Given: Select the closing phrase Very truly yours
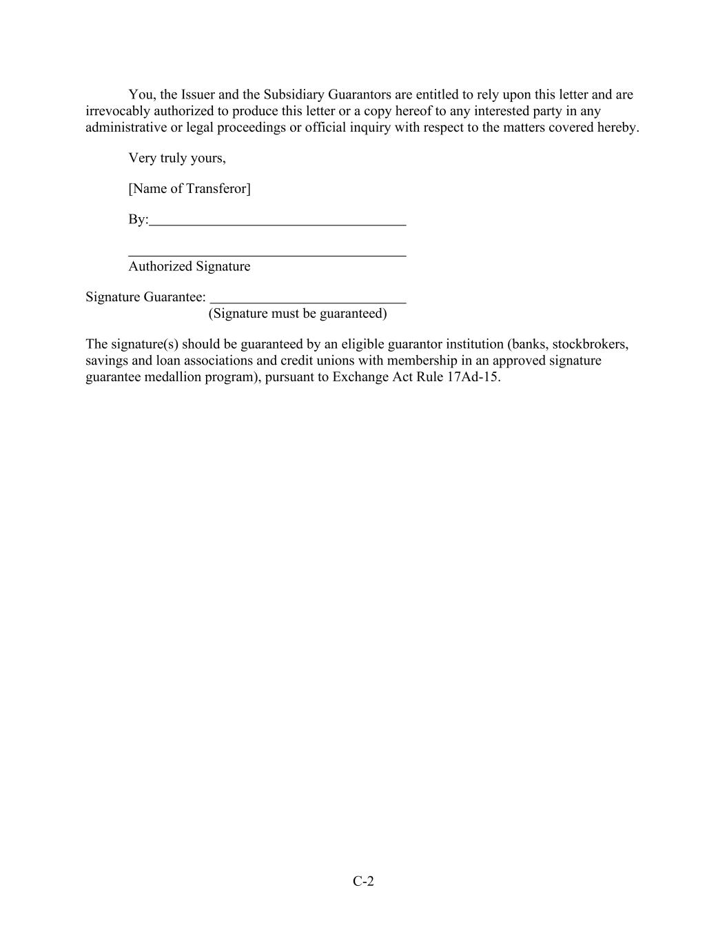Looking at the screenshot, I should (176, 158).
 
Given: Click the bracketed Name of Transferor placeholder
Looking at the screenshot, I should (190, 188).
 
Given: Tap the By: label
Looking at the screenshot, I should (138, 219).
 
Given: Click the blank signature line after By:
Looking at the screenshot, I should (278, 223).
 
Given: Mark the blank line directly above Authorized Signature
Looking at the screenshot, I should (267, 256).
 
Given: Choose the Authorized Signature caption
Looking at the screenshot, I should (190, 266).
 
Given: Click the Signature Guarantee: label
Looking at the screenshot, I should (145, 296).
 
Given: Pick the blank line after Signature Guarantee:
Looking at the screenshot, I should (308, 301).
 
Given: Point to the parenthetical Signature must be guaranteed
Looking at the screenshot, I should (298, 314).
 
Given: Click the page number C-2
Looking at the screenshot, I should (363, 881).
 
